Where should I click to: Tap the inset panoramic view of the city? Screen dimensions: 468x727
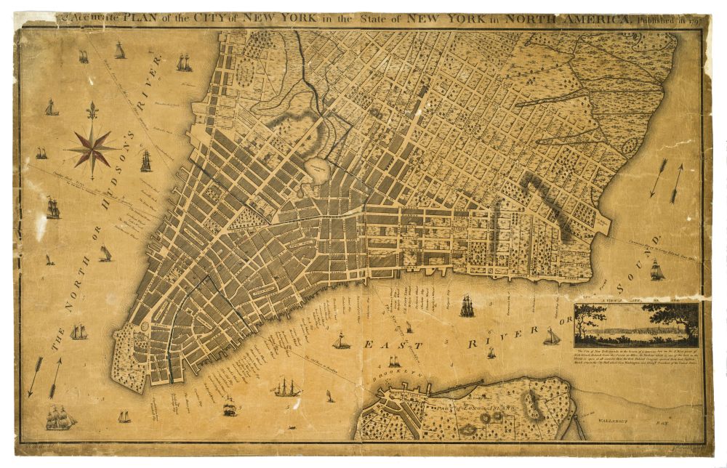[636, 325]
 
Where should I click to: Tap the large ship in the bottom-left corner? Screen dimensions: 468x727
[61, 417]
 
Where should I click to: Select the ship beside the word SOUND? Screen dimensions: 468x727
[656, 270]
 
